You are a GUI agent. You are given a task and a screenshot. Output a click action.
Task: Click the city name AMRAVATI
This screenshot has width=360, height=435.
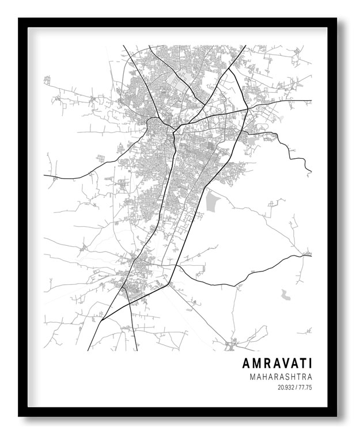(277, 364)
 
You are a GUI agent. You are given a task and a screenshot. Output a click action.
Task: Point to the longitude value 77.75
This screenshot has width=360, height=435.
(305, 388)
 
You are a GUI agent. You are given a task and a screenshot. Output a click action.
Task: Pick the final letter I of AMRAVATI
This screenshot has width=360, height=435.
(310, 364)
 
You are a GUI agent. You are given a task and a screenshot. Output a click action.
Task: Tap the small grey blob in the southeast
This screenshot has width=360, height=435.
(285, 295)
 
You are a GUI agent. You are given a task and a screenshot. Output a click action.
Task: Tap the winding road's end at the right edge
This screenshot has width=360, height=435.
(310, 171)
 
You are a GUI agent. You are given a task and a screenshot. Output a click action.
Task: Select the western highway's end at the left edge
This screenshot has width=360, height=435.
(44, 175)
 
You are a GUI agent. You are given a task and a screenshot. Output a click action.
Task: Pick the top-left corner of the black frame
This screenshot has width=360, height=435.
(20, 19)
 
